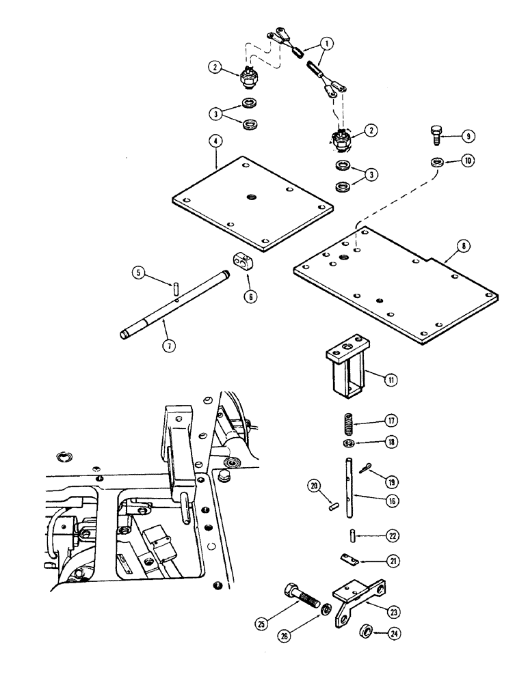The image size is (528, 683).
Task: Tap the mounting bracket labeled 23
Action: (356, 598)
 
